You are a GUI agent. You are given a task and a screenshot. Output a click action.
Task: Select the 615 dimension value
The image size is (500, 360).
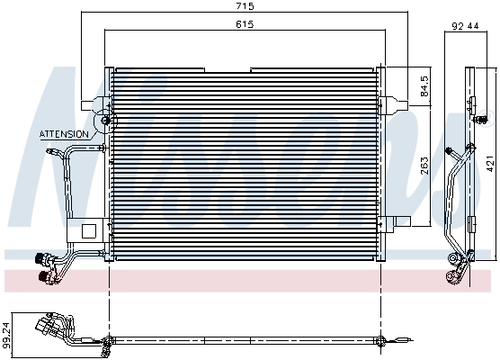[x=237, y=25]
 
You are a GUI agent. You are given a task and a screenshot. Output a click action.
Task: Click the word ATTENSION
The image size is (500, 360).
[x=64, y=134]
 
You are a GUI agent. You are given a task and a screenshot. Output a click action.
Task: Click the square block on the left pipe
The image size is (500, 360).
[x=87, y=230]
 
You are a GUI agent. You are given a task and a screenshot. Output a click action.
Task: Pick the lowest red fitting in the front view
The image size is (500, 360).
[x=42, y=275]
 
